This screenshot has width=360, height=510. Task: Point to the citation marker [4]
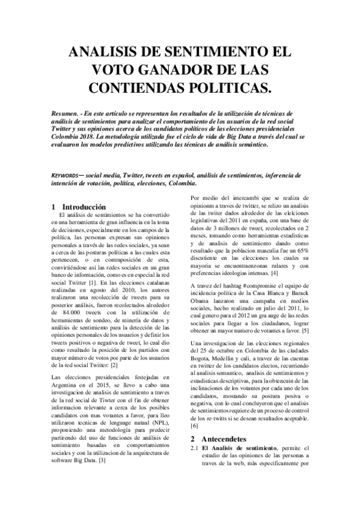240,274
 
